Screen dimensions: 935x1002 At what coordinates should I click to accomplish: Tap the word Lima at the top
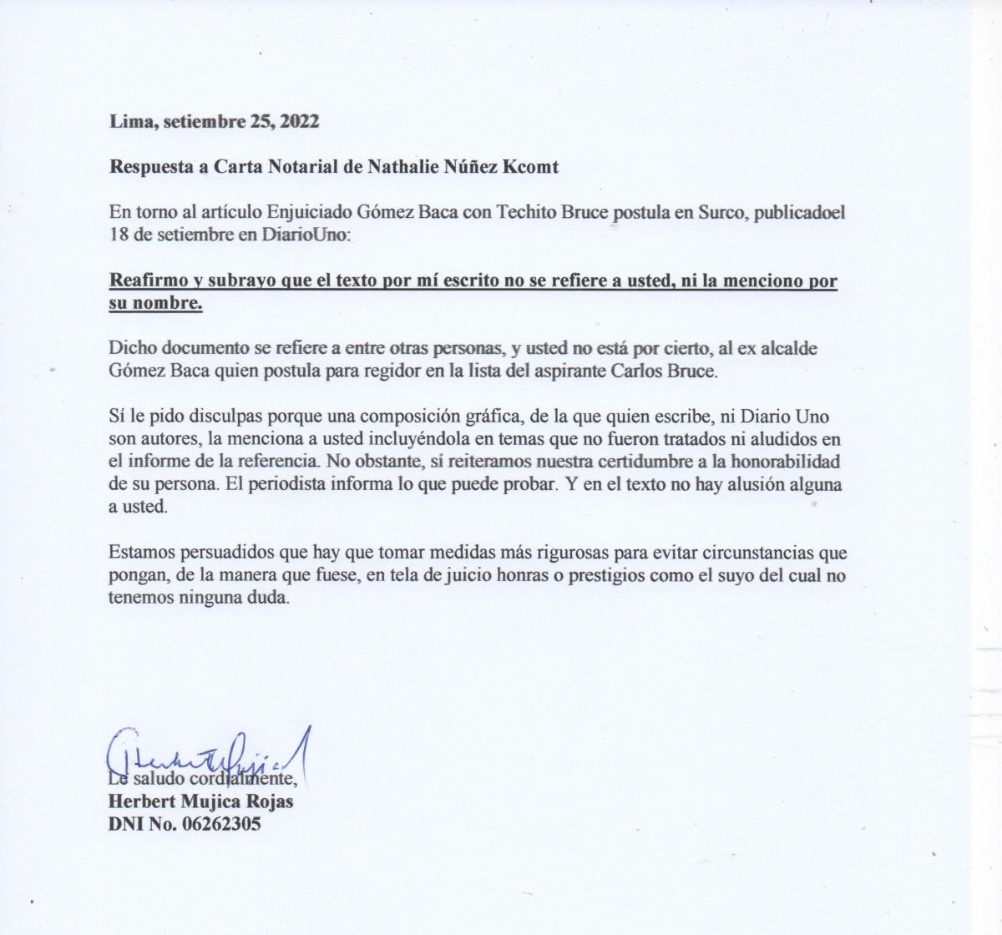click(x=129, y=121)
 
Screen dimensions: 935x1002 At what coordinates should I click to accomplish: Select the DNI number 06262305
click(x=220, y=824)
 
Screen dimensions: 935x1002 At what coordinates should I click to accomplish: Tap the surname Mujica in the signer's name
click(x=212, y=801)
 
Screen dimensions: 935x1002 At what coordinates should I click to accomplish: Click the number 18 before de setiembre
click(x=118, y=235)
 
